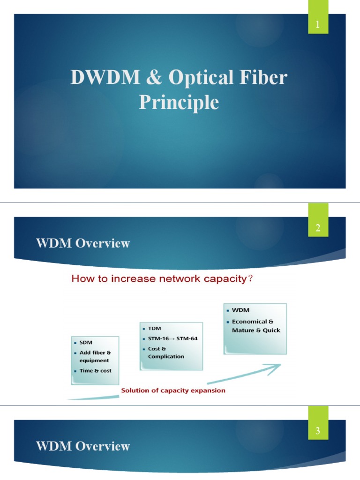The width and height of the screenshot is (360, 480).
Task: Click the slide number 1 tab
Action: pyautogui.click(x=318, y=24)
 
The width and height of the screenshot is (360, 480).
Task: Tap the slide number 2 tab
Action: pyautogui.click(x=318, y=228)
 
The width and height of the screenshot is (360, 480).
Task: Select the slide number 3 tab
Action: pyautogui.click(x=318, y=431)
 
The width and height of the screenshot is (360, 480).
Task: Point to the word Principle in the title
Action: pyautogui.click(x=179, y=102)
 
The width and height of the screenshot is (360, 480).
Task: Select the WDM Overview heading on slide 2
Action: pyautogui.click(x=83, y=243)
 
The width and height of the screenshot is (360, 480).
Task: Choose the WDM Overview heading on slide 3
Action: pyautogui.click(x=83, y=446)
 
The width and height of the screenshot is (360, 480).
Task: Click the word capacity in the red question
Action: pyautogui.click(x=223, y=279)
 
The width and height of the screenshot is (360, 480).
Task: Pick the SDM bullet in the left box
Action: pyautogui.click(x=86, y=343)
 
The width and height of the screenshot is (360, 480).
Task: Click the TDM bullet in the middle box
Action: pyautogui.click(x=154, y=329)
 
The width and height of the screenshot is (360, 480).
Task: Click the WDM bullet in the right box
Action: pyautogui.click(x=240, y=310)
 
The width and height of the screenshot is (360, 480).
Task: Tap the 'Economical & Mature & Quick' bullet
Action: pyautogui.click(x=255, y=326)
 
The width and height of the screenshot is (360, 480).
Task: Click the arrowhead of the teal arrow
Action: pyautogui.click(x=277, y=366)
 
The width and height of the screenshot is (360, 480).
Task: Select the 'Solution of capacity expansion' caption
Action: pyautogui.click(x=173, y=390)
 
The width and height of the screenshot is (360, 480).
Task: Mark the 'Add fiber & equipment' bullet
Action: pyautogui.click(x=95, y=356)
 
